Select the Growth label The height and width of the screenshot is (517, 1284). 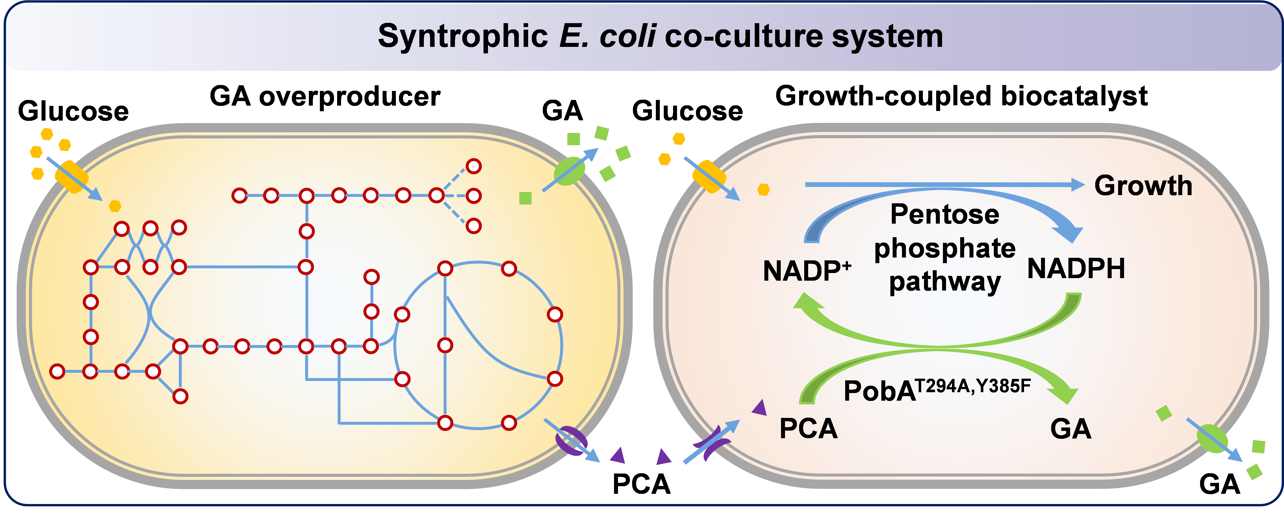(1143, 186)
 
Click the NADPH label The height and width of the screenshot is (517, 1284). (1076, 269)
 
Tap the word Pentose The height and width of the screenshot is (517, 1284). (945, 215)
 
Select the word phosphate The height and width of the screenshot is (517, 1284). (945, 248)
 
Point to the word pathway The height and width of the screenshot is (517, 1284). (945, 282)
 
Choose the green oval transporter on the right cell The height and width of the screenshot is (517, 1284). (1212, 438)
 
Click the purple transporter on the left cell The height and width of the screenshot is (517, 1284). (571, 440)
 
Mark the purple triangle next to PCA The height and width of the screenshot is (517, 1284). (760, 408)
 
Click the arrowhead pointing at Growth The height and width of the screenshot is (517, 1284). (1078, 185)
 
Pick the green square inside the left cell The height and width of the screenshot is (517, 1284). (525, 198)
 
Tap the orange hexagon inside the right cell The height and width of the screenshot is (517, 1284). (763, 190)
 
